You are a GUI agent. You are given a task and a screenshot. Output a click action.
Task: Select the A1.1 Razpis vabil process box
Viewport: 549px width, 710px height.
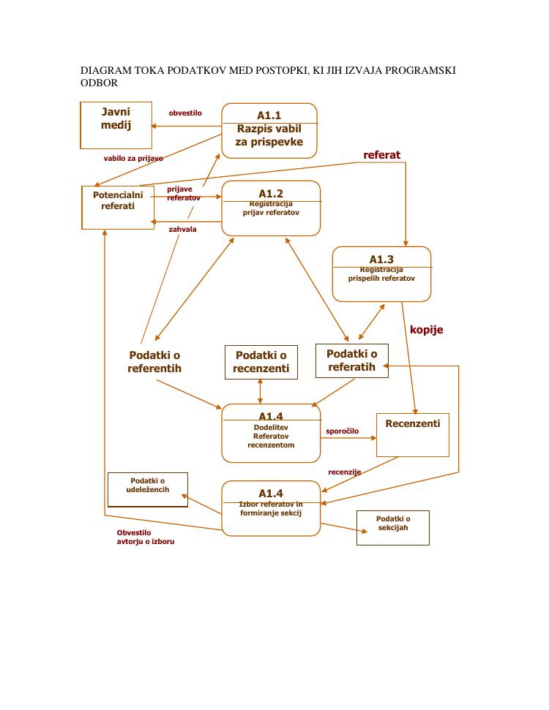point(269,130)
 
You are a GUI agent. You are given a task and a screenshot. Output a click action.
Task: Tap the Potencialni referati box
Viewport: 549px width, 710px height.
point(118,207)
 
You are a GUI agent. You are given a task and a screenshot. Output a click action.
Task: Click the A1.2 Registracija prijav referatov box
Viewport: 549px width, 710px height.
point(271,208)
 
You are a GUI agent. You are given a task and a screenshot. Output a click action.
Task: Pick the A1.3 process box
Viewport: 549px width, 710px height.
point(381,274)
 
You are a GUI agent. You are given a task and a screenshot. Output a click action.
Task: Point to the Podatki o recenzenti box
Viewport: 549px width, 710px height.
point(261,362)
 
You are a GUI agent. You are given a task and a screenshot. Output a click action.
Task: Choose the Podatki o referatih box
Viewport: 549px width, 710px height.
point(351,360)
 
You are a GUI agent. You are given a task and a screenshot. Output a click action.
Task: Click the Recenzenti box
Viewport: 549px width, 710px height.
point(412,434)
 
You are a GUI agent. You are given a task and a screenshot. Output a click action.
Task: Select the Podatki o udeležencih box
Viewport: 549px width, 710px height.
point(147,489)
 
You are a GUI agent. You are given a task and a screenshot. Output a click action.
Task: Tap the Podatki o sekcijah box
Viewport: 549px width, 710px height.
point(392,527)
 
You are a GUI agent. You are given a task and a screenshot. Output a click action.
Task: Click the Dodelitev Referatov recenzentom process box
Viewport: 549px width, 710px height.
point(271,433)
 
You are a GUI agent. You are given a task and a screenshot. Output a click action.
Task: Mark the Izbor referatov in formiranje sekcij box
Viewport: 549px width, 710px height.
point(271,508)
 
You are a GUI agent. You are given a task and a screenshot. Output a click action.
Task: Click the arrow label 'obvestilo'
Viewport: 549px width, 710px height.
point(185,113)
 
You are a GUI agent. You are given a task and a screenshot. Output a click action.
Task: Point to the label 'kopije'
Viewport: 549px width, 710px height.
point(426,330)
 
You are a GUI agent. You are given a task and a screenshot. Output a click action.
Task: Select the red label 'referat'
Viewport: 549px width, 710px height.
point(382,155)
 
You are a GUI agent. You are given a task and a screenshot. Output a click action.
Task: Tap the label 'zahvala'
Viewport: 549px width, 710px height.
point(182,229)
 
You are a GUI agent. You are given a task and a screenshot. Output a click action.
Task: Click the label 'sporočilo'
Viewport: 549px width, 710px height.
point(342,431)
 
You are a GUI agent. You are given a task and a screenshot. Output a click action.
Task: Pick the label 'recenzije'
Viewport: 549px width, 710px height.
point(344,472)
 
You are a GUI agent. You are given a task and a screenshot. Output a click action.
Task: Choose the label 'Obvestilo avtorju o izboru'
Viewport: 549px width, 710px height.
point(145,537)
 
